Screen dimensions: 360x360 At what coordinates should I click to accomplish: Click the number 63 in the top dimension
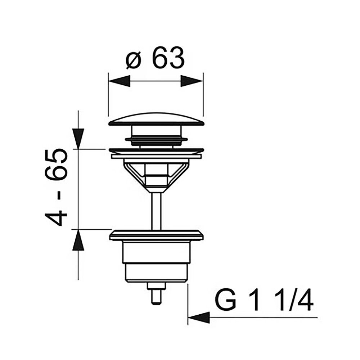coord(169,57)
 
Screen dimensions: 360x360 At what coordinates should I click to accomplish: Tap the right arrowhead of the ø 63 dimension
coord(192,81)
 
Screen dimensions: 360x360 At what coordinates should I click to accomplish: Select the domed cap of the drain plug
coord(156,119)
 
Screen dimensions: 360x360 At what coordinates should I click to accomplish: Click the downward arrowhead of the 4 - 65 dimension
coord(78,139)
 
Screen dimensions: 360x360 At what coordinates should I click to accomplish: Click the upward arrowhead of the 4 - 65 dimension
coord(78,240)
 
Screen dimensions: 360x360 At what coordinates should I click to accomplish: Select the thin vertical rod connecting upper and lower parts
coord(156,211)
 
